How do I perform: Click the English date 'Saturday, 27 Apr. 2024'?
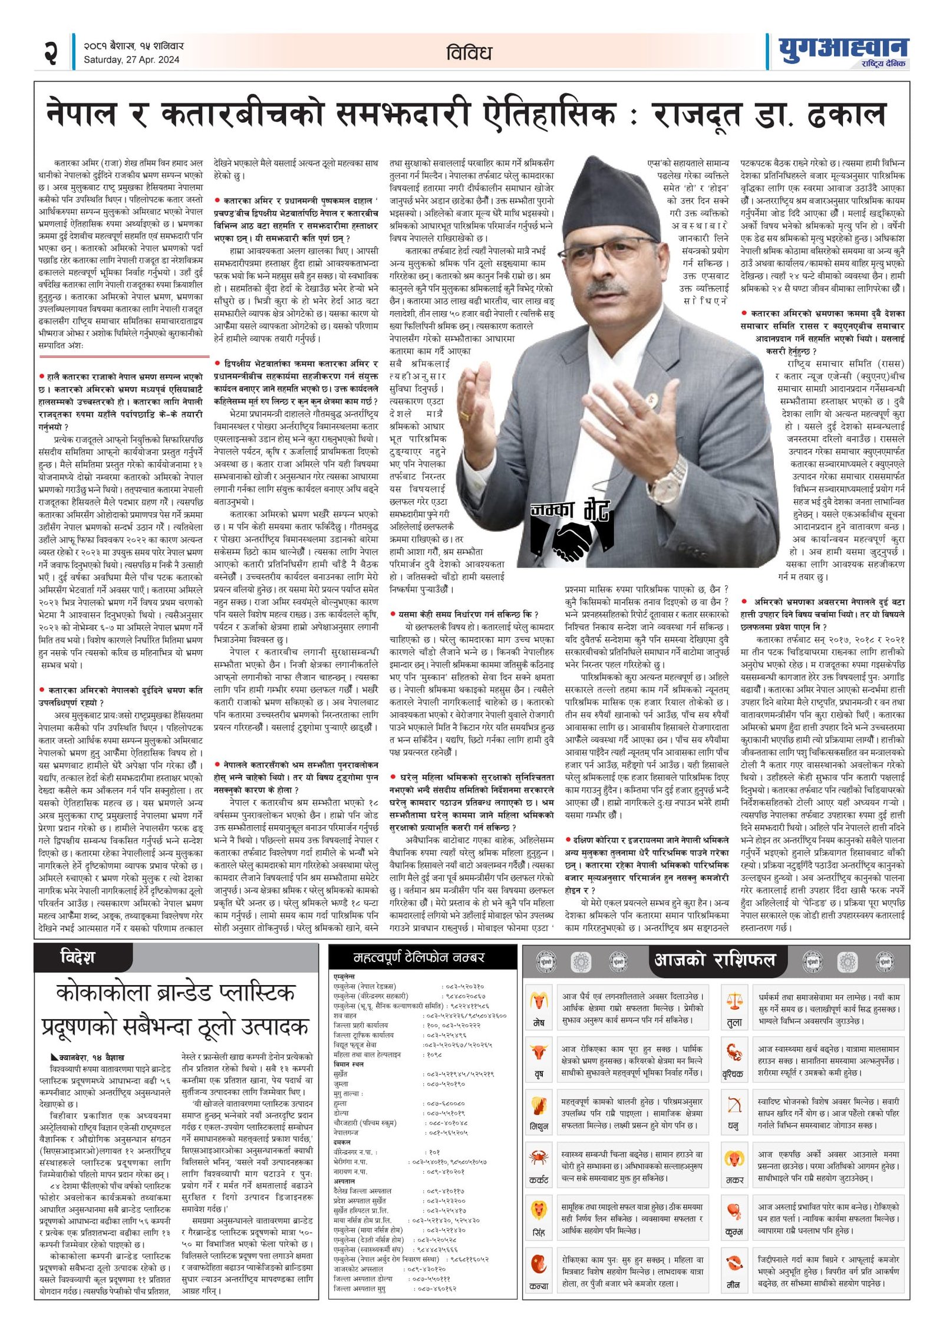click(x=131, y=60)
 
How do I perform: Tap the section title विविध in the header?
click(x=469, y=53)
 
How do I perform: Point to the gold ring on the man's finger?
click(x=465, y=414)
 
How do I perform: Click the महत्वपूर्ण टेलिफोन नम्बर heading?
click(x=420, y=957)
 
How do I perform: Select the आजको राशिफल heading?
click(x=714, y=960)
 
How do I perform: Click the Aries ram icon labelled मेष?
click(x=538, y=1000)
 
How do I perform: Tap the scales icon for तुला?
click(x=734, y=1000)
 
